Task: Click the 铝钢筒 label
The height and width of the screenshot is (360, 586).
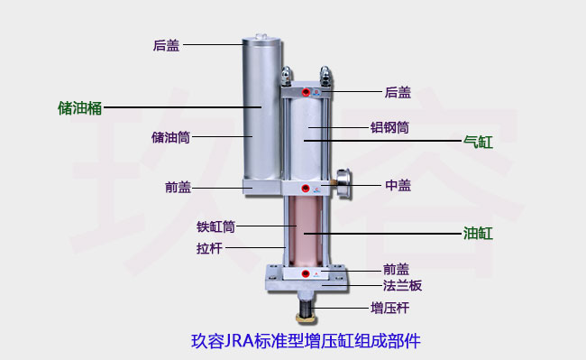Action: click(x=389, y=128)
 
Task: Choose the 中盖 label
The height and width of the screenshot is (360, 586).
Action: click(x=398, y=186)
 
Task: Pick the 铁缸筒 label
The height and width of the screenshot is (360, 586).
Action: click(x=215, y=226)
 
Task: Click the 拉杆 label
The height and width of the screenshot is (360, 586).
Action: click(x=210, y=247)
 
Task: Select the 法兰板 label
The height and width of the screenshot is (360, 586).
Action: click(x=403, y=285)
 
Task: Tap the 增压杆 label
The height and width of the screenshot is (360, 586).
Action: click(x=389, y=308)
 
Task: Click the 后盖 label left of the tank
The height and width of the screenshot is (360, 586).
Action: click(x=166, y=45)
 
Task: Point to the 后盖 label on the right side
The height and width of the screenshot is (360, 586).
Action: click(x=398, y=92)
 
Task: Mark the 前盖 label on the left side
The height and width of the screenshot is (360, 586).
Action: click(x=178, y=188)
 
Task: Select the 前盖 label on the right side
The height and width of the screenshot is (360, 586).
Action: click(x=396, y=269)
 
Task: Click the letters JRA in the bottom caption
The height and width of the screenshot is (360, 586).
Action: click(x=239, y=342)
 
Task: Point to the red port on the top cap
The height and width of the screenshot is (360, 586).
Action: click(x=307, y=92)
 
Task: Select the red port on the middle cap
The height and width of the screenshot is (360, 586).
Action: click(x=307, y=188)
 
